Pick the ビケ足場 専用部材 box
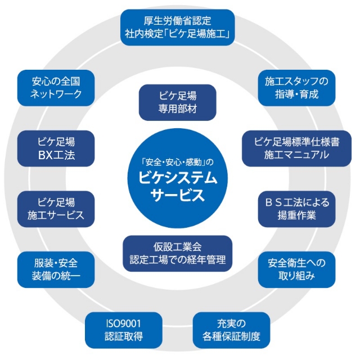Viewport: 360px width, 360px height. pos(177,102)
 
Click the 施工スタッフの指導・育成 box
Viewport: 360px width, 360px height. pos(297,87)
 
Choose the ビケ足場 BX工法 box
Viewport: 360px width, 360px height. pos(56,148)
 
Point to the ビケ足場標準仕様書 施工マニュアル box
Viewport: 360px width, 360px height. pos(296,148)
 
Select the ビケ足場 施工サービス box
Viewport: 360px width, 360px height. pos(56,208)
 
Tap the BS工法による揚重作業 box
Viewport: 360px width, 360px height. pos(296,208)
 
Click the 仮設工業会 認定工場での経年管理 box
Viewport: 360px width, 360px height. pos(177,253)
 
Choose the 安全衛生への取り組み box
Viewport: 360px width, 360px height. pos(296,269)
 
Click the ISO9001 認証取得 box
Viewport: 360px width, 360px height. pos(123,330)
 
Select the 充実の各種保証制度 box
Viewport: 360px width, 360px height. pos(231,330)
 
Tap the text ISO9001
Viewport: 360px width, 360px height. pos(123,323)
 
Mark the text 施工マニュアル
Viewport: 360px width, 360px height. pos(296,155)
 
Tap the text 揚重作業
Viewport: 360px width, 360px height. pos(296,215)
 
